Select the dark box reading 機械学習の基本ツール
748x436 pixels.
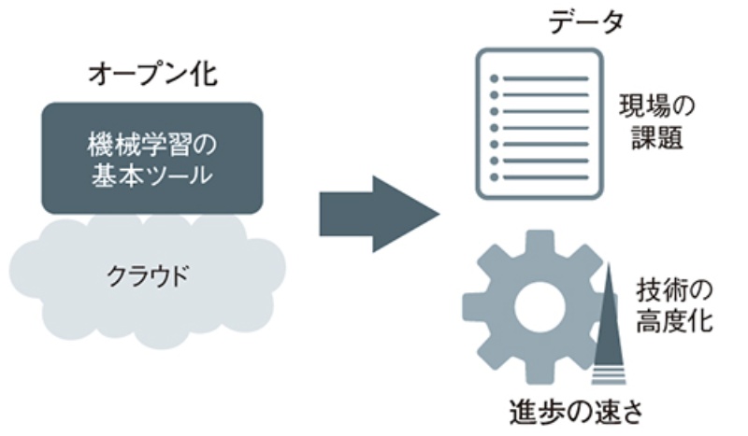[x=151, y=158]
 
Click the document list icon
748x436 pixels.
[x=537, y=124]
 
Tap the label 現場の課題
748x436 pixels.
[x=652, y=123]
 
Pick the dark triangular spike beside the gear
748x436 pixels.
[x=608, y=317]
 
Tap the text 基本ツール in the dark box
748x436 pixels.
[x=151, y=175]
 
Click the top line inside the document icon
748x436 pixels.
[x=547, y=77]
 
